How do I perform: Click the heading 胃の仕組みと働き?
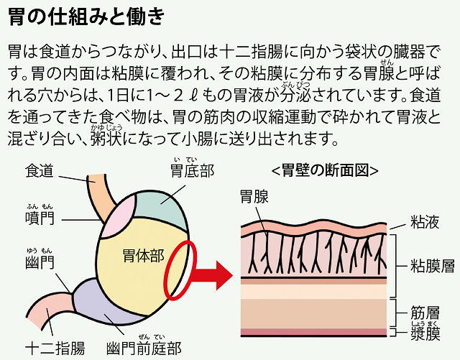(x=86, y=15)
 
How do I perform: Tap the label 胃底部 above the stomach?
(x=192, y=171)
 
